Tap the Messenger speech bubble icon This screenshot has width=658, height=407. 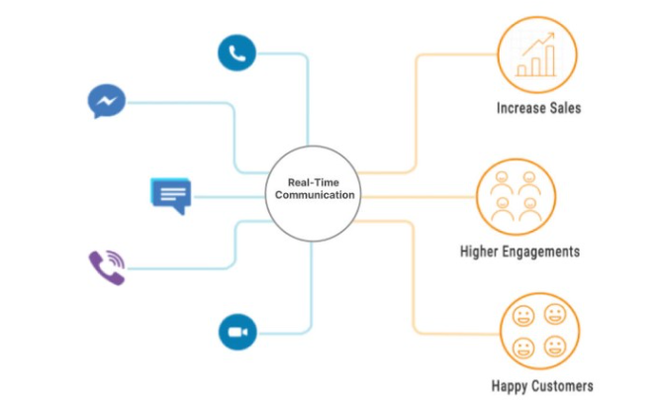[106, 102]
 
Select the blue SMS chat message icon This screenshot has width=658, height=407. [170, 195]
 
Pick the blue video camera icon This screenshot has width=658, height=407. [237, 332]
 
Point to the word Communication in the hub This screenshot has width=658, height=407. [312, 196]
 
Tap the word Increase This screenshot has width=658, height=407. [519, 108]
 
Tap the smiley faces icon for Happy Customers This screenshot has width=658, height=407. [537, 331]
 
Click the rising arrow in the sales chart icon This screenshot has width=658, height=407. [540, 44]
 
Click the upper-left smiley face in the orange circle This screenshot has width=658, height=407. [522, 316]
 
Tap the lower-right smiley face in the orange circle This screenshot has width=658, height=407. [553, 347]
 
